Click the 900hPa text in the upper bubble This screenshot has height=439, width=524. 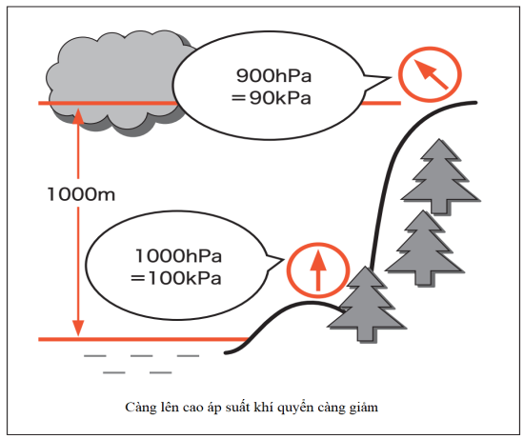273,75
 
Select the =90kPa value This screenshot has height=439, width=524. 271,98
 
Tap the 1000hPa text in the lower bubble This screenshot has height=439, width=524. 178,256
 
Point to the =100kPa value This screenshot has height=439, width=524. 176,278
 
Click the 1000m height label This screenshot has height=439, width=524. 82,194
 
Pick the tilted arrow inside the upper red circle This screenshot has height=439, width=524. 431,74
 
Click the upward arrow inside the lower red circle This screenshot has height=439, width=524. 318,270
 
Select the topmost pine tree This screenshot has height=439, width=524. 440,176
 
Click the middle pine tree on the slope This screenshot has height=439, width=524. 424,248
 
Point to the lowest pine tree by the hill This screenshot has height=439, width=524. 366,304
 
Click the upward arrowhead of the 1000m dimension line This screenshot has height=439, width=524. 78,115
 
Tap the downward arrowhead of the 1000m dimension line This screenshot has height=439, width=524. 78,329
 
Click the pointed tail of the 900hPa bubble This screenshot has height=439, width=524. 391,78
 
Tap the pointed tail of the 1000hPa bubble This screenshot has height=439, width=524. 283,259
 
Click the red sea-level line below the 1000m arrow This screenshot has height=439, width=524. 143,339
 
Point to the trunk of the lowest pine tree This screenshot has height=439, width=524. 367,335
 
